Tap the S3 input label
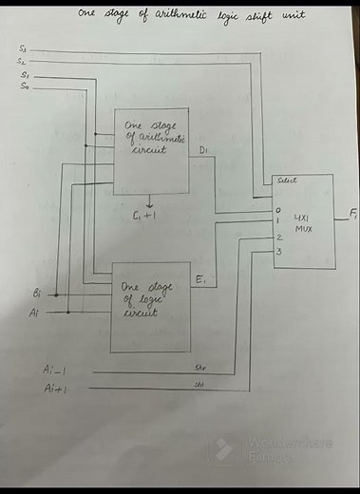pos(25,48)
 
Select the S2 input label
pos(25,62)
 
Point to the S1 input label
pos(25,75)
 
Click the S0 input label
pos(25,86)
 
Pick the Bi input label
pos(36,294)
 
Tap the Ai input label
pos(34,312)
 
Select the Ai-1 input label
pos(53,369)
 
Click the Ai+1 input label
pos(53,389)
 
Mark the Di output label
pos(207,150)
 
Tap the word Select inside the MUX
pos(285,180)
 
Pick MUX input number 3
pos(278,251)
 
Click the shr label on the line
pos(200,366)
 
